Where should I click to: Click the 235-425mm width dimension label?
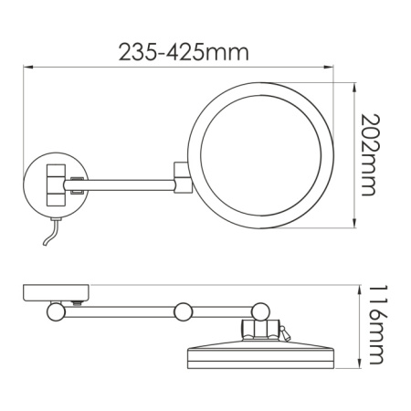(x=184, y=52)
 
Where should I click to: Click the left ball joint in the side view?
(x=55, y=311)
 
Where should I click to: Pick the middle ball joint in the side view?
(x=184, y=311)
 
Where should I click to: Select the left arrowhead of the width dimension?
(x=26, y=67)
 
